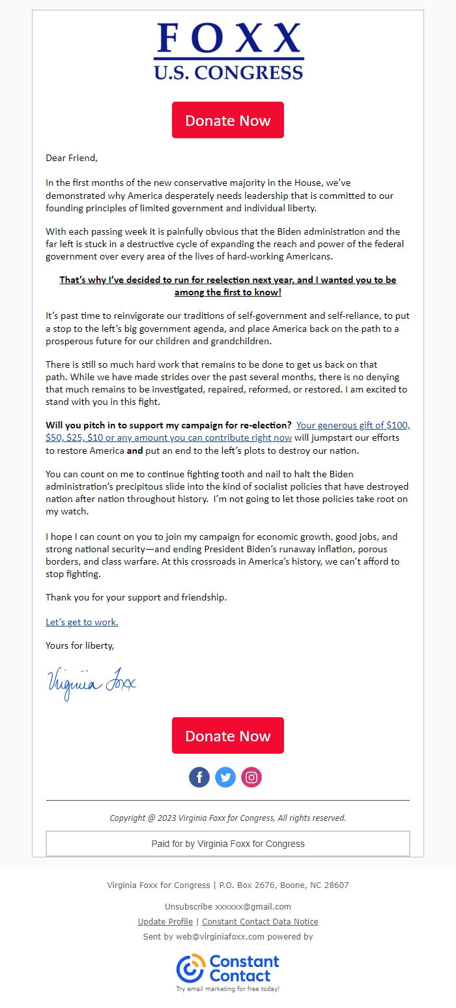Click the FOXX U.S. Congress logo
pos(228,52)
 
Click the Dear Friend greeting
pos(71,158)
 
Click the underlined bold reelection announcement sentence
pos(228,286)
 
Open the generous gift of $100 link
pos(352,425)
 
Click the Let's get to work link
pos(81,622)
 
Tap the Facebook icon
pos(199,777)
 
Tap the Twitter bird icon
pos(225,777)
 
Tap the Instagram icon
pos(251,777)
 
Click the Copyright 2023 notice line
pos(228,818)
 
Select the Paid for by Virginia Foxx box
pos(228,844)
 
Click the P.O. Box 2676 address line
pos(228,885)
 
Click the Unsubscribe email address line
pos(228,907)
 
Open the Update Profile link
pos(165,922)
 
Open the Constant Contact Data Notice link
pos(260,922)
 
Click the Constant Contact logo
pos(228,969)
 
